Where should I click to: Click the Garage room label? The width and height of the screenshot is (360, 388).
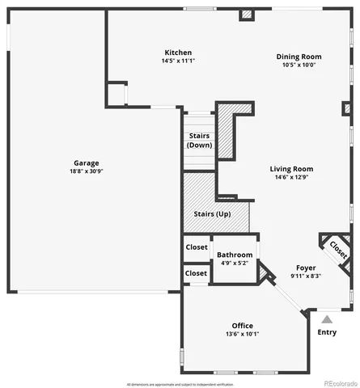coord(87,162)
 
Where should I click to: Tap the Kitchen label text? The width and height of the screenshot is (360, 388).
coord(178,53)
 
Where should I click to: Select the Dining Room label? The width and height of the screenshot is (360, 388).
coord(299,57)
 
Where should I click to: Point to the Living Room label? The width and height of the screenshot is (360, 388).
coord(291,169)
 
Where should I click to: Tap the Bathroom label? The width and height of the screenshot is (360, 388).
coord(235,255)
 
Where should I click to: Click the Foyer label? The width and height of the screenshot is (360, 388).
coord(306,268)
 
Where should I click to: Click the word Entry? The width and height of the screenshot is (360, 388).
coord(327,332)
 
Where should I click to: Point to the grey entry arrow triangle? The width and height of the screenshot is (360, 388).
coord(326,319)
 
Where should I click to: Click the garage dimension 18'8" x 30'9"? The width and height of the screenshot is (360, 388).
coord(87,171)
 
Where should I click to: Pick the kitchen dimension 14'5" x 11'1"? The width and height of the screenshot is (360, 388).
coord(178,61)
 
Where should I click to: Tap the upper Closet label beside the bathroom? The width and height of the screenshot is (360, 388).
coord(196,247)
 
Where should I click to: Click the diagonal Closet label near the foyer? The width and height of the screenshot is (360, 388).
coord(339,252)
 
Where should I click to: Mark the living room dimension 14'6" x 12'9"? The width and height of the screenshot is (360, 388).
coord(291,177)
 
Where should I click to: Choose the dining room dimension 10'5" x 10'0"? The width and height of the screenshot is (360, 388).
coord(299,65)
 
